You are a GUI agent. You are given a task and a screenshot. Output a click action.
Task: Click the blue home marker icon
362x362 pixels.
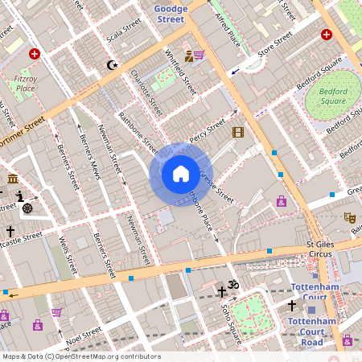181,173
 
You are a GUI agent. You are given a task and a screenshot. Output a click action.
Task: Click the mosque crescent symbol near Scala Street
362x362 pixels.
112,64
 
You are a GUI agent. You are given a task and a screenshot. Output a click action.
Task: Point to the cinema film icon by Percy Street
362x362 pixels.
237,132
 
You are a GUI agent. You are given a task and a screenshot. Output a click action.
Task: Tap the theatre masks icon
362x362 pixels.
349,217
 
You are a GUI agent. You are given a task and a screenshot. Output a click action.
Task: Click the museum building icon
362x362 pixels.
13,178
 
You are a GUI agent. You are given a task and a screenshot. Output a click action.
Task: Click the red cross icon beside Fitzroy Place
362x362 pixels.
34,54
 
